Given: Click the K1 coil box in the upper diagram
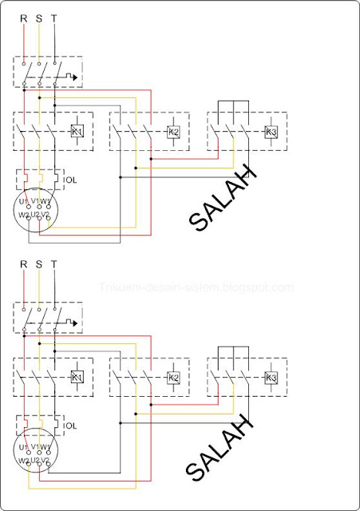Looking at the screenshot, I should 77,131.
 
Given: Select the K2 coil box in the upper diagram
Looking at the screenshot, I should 174,131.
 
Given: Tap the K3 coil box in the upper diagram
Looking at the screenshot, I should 271,131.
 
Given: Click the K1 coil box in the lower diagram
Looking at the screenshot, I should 77,377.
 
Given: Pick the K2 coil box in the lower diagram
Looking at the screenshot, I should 174,377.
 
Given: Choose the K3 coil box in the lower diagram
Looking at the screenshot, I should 271,377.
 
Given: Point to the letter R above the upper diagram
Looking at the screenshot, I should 25,17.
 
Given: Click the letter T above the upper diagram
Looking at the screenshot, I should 53,17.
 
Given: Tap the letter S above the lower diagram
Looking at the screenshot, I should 39,263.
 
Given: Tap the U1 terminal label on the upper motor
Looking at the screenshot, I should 25,200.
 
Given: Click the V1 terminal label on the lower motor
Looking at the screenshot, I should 36,447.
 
